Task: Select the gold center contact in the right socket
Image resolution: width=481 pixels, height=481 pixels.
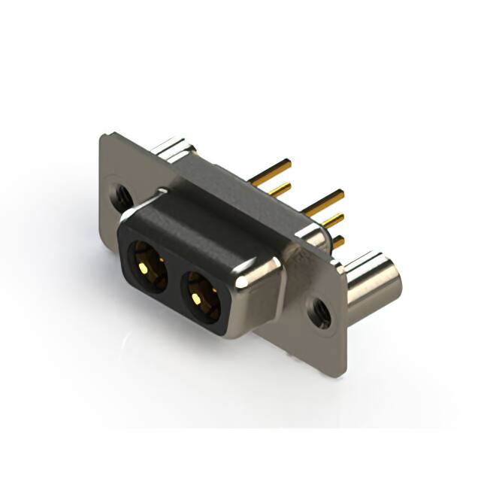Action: [197, 298]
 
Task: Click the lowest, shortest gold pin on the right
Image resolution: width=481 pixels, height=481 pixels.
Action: [337, 241]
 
